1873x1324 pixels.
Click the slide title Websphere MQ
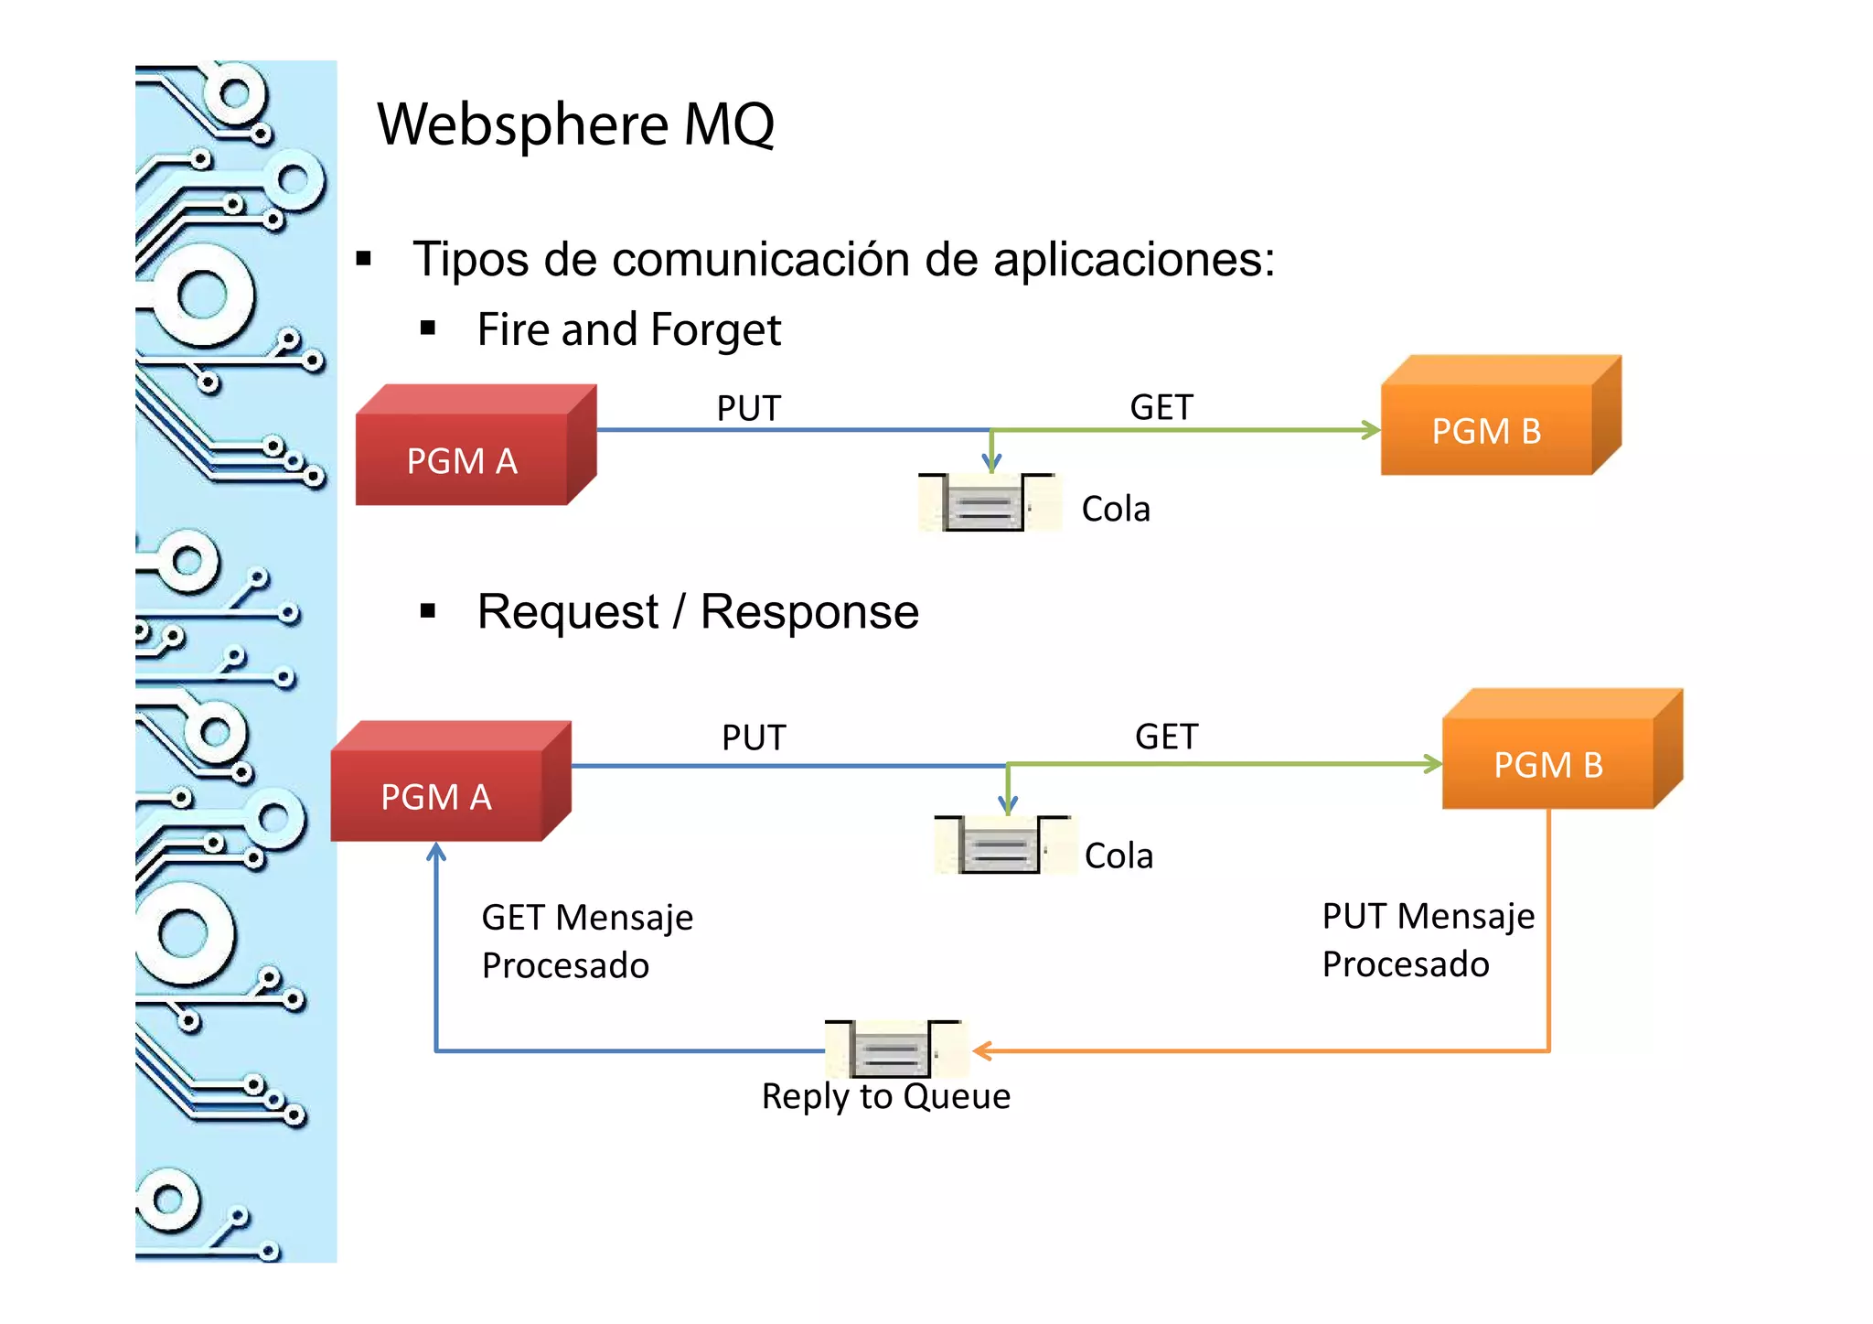pos(575,124)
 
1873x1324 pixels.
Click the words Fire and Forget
pos(628,329)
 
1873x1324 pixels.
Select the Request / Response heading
pos(697,611)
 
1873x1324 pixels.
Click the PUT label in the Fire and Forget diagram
pos(748,408)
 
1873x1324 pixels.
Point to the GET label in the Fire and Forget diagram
pos(1161,407)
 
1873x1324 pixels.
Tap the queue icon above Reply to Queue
pos(893,1050)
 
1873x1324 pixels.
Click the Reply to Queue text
pos(885,1096)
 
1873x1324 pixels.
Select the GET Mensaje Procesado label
pos(586,941)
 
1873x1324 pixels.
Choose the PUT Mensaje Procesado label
pos(1427,940)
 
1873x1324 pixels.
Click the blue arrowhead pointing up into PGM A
pos(436,853)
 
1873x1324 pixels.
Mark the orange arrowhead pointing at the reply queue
pos(981,1051)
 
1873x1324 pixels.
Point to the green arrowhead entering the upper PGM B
pos(1371,430)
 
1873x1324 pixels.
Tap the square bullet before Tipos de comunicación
pos(364,259)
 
